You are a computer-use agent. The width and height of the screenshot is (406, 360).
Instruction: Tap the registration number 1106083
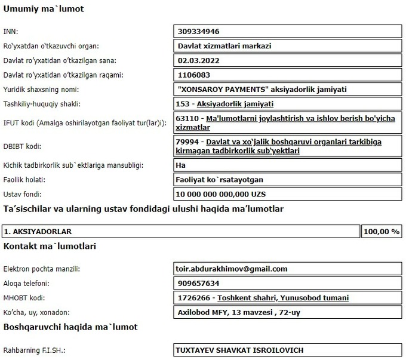(195, 75)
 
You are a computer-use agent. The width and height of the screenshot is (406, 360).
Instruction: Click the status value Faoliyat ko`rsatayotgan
(221, 180)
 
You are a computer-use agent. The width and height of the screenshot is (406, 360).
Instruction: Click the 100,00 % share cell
(381, 231)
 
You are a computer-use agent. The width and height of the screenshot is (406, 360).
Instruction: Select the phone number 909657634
(199, 284)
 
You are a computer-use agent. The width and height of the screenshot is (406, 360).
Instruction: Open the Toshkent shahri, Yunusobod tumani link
(284, 298)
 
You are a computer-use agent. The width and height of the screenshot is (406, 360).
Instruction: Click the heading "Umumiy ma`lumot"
(44, 9)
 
